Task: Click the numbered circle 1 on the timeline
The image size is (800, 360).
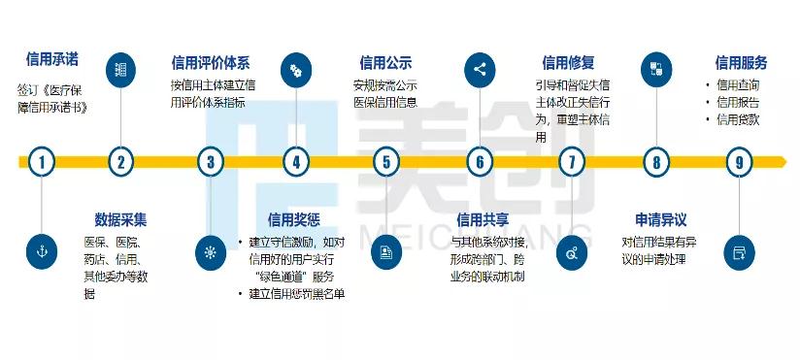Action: click(x=41, y=162)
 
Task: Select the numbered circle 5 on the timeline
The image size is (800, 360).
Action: click(x=386, y=162)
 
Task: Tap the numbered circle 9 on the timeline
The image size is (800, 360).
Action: click(x=740, y=162)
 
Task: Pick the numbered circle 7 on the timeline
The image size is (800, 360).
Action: click(x=572, y=162)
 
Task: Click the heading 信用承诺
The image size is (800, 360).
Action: click(x=51, y=60)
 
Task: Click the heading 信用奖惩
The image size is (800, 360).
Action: click(x=294, y=218)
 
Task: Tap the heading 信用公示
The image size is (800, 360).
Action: click(x=385, y=63)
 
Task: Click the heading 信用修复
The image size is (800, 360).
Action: click(x=568, y=63)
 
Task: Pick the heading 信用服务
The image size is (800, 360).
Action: click(x=741, y=63)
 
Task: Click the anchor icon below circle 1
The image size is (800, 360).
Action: click(x=41, y=251)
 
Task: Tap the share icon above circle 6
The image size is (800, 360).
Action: click(x=479, y=70)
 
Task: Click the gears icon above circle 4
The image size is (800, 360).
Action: click(x=295, y=70)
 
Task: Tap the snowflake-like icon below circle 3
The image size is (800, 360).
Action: click(x=210, y=251)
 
